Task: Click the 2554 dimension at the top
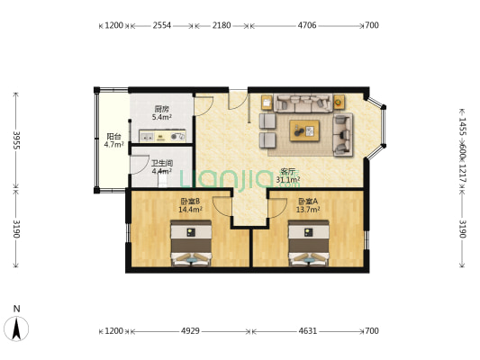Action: pos(161,25)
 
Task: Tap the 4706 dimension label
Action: pos(307,25)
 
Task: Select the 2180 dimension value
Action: pos(222,25)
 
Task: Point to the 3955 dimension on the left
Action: pos(16,140)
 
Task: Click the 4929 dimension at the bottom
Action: pos(190,331)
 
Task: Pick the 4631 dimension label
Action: pos(308,331)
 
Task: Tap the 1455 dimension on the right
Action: pos(463,126)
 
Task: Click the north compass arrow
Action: pos(16,328)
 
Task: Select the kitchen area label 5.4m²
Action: pos(161,117)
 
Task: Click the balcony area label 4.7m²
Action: pos(113,144)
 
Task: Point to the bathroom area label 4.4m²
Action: pos(161,171)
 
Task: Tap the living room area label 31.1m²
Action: pos(288,179)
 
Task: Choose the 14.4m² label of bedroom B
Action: pos(190,210)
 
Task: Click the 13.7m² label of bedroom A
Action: pos(308,210)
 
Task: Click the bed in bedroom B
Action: pos(191,243)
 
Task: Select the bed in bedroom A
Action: pos(309,243)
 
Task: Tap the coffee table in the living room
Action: pos(304,130)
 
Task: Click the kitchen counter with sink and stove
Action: pos(162,136)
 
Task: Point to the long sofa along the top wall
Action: pos(303,103)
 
